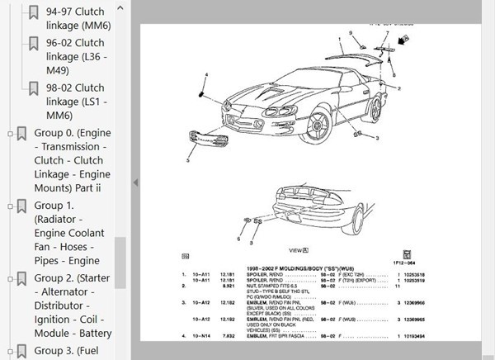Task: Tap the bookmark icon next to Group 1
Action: pyautogui.click(x=21, y=207)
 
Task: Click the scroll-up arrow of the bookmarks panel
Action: pyautogui.click(x=120, y=7)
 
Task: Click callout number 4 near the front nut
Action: pyautogui.click(x=206, y=75)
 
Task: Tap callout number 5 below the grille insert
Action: pyautogui.click(x=188, y=162)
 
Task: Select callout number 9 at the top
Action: pyautogui.click(x=350, y=32)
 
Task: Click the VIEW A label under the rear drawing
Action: pyautogui.click(x=298, y=248)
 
